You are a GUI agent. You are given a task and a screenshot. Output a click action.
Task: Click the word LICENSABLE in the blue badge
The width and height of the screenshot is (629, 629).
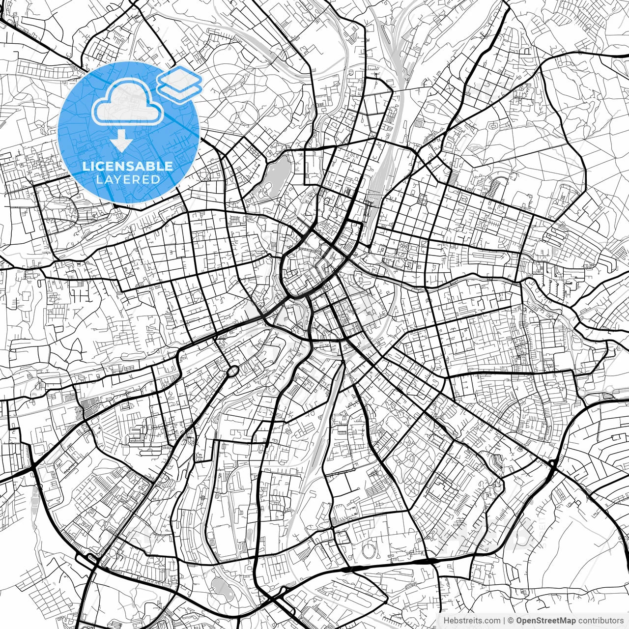click(128, 166)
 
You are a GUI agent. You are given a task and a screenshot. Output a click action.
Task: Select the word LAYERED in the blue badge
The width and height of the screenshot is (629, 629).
click(128, 180)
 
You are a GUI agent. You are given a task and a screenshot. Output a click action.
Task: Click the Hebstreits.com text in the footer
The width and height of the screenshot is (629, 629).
click(472, 620)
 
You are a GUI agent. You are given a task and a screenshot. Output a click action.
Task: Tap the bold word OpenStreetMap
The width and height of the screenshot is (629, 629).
click(545, 620)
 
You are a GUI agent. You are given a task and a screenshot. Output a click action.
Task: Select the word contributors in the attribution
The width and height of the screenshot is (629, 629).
click(600, 620)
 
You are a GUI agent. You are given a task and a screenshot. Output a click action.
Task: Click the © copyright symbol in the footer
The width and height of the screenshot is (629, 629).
click(511, 620)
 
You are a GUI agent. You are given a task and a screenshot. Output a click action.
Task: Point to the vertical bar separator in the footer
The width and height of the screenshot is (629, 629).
click(505, 620)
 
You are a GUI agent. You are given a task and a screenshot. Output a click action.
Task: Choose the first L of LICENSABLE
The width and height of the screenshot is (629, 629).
click(86, 166)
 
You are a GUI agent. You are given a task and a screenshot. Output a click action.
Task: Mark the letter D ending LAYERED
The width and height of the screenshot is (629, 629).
click(156, 180)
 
